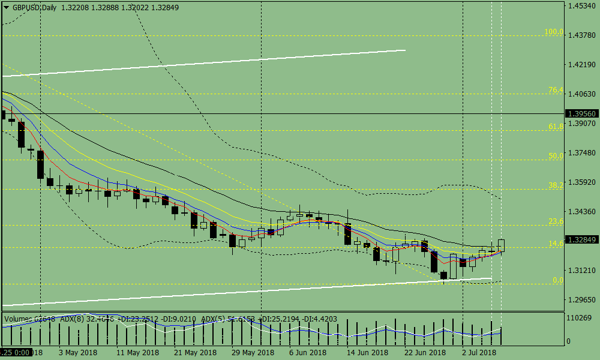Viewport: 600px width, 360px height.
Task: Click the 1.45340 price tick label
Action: [581, 6]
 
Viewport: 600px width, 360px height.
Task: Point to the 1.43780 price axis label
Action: [581, 35]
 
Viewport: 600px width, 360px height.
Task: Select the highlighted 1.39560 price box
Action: [581, 113]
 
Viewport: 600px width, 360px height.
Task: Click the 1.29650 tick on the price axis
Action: [581, 299]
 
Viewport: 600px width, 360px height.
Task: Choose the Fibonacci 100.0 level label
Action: [554, 32]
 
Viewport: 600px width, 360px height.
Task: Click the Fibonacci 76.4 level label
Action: [556, 91]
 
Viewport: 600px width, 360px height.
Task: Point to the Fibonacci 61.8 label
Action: [556, 127]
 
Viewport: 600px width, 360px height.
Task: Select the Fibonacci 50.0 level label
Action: [556, 155]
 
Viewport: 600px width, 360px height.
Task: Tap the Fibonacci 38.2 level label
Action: [556, 185]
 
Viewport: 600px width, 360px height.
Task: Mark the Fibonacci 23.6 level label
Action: [556, 221]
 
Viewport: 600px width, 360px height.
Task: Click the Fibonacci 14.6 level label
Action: [556, 244]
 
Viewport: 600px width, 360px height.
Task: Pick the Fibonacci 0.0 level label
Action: [557, 280]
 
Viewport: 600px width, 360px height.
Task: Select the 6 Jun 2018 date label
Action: [308, 352]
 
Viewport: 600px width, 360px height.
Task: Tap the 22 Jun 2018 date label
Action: [425, 352]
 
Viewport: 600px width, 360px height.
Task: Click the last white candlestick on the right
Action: [501, 245]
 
